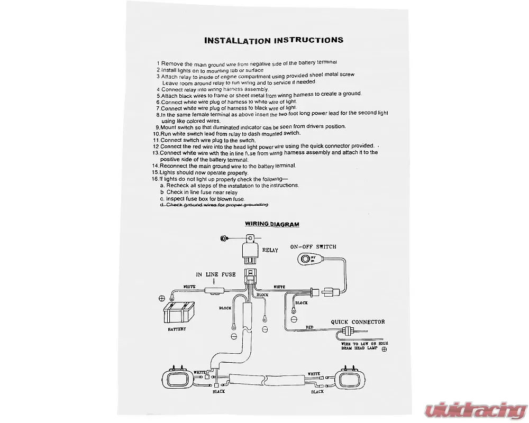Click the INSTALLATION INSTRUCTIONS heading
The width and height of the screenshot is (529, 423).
[273, 40]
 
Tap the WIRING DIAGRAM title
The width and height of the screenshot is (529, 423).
[272, 224]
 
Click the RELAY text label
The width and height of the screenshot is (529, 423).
[270, 250]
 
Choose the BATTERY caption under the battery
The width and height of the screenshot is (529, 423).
[177, 329]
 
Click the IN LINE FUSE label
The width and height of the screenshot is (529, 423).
[216, 274]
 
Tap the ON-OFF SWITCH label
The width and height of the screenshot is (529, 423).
[313, 247]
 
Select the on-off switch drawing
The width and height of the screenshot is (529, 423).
[306, 259]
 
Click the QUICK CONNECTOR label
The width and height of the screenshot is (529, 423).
[358, 321]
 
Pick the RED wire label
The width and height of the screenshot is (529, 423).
[309, 327]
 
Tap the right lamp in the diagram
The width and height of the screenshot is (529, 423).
[350, 380]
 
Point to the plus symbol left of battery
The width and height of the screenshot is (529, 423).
[161, 299]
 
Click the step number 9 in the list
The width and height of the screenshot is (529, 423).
[158, 127]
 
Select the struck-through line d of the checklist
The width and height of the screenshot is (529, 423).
[214, 205]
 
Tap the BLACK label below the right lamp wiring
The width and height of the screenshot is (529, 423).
[317, 392]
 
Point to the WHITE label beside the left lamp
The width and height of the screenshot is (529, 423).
[200, 373]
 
